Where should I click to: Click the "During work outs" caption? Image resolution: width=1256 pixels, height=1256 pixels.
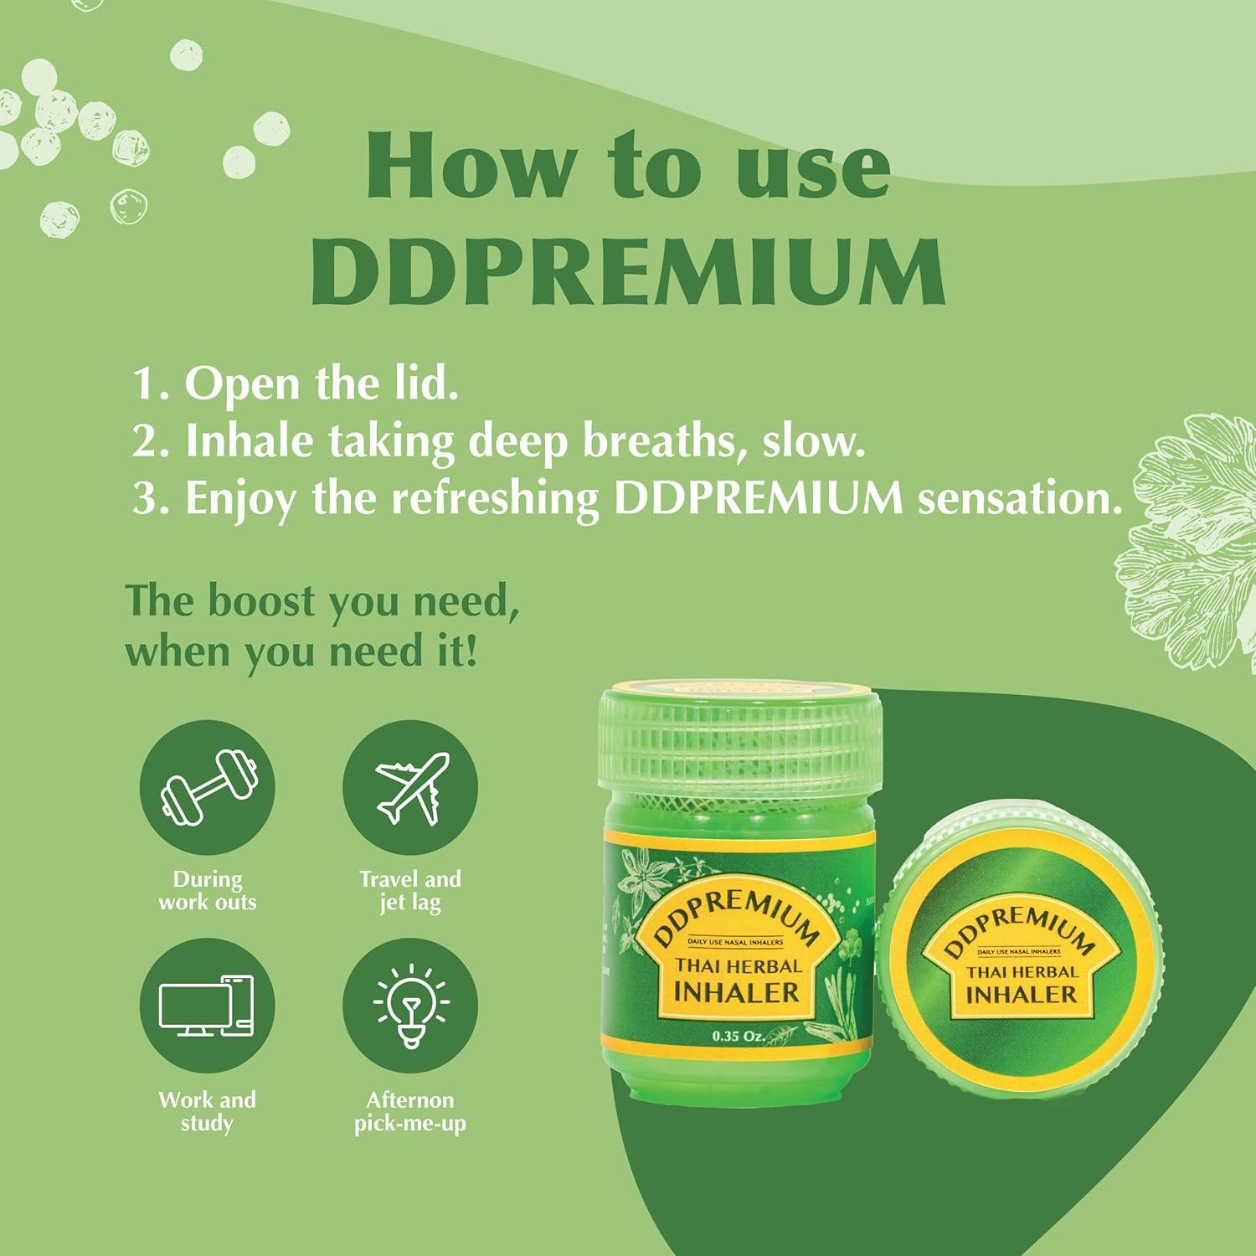click(207, 890)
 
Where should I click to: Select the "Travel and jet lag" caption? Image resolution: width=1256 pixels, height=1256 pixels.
click(410, 890)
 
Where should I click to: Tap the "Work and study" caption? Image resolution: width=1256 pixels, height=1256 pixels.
click(207, 1111)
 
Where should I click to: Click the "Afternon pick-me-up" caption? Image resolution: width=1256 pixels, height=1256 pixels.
click(410, 1111)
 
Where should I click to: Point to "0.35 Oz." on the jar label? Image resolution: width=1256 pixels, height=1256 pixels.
click(738, 1037)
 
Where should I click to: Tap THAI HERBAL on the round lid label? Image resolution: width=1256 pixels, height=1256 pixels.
click(1022, 971)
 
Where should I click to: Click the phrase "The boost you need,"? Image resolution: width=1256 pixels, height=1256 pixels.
click(322, 602)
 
